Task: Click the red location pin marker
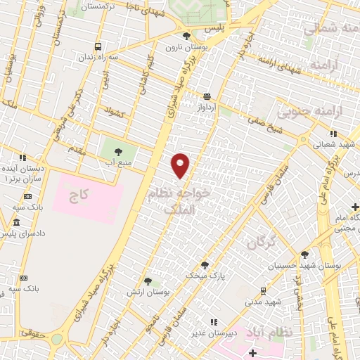coord(181,165)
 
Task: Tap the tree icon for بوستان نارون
coord(186,36)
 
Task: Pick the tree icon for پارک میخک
coord(205,265)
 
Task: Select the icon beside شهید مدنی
coord(263,290)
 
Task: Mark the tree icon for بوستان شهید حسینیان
coord(304,255)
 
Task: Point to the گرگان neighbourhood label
coord(259,243)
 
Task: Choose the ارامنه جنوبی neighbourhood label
coord(311,112)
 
